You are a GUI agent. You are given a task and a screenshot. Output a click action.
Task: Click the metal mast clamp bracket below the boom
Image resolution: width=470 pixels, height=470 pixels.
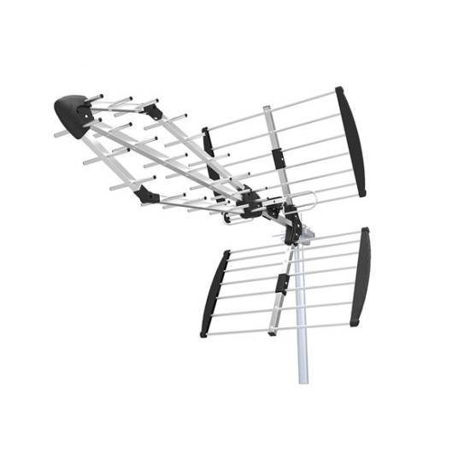tap(292, 231)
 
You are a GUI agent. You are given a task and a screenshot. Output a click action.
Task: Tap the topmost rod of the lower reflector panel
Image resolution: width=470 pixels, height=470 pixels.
tap(291, 239)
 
